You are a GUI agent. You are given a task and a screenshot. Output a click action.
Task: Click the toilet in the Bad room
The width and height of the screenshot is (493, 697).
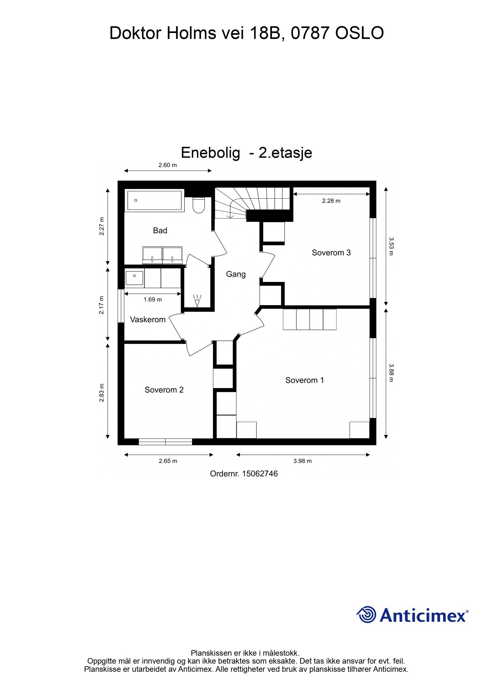[x=198, y=205]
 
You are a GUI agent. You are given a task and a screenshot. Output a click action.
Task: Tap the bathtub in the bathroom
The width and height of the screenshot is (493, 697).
[x=154, y=201]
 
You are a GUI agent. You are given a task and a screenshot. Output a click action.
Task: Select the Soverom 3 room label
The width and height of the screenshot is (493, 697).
[x=331, y=253]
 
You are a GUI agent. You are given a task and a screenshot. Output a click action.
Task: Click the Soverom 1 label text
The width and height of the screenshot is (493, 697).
[x=305, y=380]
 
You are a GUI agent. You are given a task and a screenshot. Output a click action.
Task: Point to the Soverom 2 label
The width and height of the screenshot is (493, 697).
[x=164, y=390]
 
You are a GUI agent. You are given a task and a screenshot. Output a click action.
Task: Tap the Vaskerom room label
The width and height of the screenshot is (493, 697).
[x=148, y=319]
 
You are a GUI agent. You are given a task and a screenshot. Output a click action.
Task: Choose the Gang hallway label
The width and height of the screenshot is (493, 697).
[x=236, y=274]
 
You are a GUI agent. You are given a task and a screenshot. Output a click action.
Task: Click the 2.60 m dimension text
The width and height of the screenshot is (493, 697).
[x=168, y=165]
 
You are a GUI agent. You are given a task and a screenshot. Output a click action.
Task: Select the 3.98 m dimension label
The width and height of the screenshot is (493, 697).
[x=303, y=461]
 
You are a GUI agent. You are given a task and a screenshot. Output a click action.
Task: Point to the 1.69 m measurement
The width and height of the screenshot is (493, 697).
[x=153, y=299]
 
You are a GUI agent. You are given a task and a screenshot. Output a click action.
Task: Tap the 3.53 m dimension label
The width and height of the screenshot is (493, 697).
[x=391, y=246]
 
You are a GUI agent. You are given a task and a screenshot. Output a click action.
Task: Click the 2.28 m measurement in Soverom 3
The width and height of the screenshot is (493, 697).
[x=331, y=201]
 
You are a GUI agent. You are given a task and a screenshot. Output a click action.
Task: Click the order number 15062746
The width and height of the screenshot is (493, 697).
[x=260, y=473]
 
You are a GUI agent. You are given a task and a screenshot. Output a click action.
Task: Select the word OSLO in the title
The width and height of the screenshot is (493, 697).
[x=359, y=33]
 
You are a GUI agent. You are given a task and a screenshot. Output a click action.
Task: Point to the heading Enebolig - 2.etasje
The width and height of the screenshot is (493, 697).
[x=246, y=152]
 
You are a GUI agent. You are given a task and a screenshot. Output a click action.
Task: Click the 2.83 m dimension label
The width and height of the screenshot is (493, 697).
[x=101, y=393]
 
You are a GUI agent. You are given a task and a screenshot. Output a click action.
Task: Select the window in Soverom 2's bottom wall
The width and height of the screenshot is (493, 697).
[x=165, y=442]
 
